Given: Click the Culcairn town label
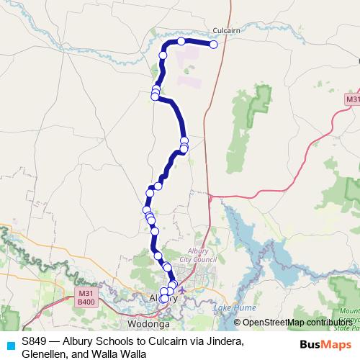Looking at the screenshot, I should (x=226, y=31).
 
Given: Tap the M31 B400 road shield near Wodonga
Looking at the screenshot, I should (x=86, y=297).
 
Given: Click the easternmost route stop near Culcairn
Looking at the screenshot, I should (x=214, y=45).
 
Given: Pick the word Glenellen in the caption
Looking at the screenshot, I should (x=45, y=354).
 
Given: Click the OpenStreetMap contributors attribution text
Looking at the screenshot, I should (x=295, y=322).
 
